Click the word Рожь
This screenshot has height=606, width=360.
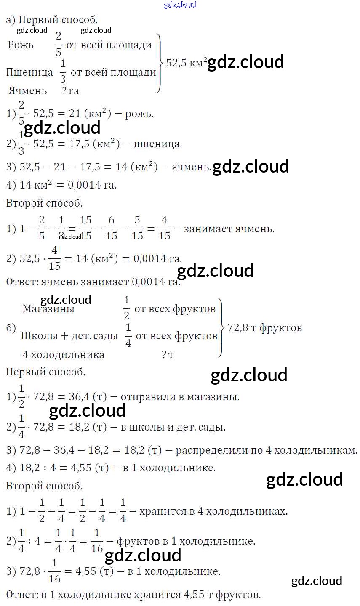21,45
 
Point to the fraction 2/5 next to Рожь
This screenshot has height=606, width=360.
58,45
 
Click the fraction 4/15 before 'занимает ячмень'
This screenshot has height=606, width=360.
165,229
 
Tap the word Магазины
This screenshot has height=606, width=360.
48,309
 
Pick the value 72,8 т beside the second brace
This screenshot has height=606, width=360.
242,327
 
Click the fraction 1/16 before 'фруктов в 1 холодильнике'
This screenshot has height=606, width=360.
97,540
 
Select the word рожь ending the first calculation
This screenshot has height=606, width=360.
139,114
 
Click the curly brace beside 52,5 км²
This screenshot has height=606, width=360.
159,63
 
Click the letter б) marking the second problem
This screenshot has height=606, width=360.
11,328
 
